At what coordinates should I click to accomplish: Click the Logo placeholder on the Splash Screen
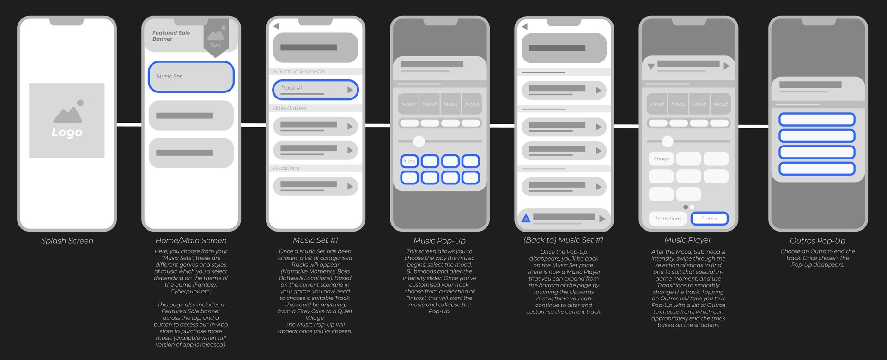point(67,120)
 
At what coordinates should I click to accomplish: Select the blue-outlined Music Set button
point(191,76)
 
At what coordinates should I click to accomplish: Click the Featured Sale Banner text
point(171,36)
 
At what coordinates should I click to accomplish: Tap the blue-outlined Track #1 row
point(315,90)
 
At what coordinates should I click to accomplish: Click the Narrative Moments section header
point(299,72)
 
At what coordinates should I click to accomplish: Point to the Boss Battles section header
point(290,108)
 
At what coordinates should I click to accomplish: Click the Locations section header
point(286,168)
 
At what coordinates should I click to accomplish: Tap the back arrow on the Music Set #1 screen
point(276,26)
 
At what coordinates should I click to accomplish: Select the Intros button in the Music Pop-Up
point(409,161)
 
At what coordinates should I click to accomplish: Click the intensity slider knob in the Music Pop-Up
point(419,141)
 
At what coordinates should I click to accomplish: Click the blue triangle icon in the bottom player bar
point(526,218)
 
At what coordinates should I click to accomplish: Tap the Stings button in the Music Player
point(661,159)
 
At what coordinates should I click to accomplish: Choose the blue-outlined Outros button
point(709,219)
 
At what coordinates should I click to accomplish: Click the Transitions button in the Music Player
point(668,219)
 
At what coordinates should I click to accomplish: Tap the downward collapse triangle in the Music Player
point(651,67)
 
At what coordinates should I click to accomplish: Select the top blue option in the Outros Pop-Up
point(817,120)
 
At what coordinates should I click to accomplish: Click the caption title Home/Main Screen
point(191,240)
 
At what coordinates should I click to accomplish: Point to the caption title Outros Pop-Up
point(817,241)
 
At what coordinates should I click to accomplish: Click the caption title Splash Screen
point(67,241)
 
